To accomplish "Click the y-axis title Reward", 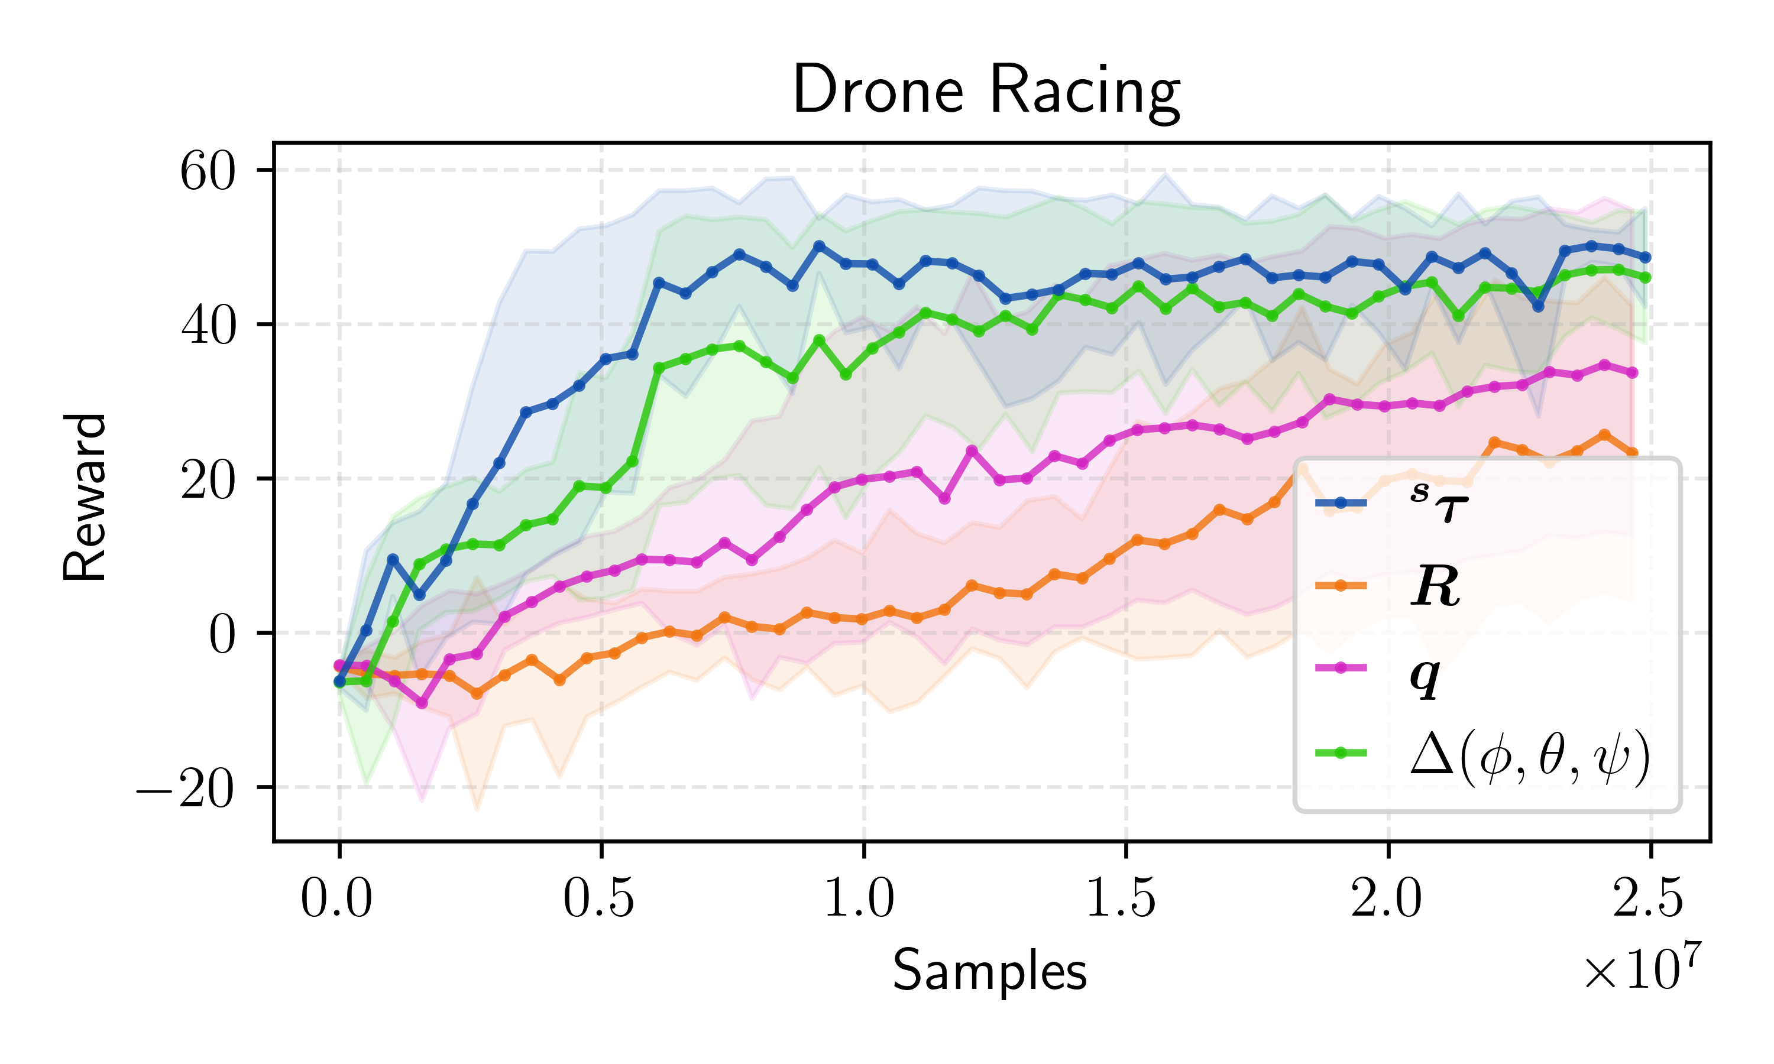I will [x=85, y=497].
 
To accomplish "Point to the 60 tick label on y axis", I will [x=207, y=172].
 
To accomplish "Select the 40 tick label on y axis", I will [x=207, y=326].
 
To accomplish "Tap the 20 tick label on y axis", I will [x=207, y=481].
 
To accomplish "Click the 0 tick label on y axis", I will [x=222, y=634].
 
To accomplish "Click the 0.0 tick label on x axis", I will [x=336, y=898].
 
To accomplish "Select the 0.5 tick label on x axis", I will [x=599, y=898].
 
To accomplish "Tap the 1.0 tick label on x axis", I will [x=860, y=898].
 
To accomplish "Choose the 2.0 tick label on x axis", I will [x=1386, y=898].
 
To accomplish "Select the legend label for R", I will [x=1435, y=586].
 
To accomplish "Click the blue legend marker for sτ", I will [x=1341, y=502].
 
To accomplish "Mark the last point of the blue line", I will [x=1646, y=257].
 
